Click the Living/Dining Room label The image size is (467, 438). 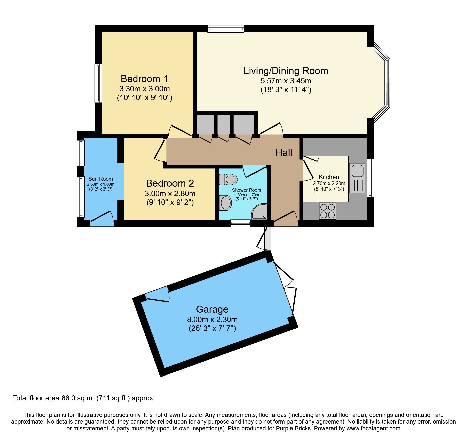coord(286,71)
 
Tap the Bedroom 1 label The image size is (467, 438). coord(144,79)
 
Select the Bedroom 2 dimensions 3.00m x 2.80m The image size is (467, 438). coord(170,193)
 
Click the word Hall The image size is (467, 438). coord(284,153)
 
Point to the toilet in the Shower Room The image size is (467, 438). coord(228,179)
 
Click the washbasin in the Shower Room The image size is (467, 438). coord(225,203)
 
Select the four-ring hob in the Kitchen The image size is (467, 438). coord(328,211)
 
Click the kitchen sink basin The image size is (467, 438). coord(357,171)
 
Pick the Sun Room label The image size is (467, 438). coord(100,179)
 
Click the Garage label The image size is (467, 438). coord(212,309)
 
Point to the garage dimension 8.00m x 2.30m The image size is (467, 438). coord(212,320)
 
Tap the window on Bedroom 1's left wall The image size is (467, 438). coord(98,83)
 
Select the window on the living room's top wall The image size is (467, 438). coord(226,29)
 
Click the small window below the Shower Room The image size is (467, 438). coord(241,223)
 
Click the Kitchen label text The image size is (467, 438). coord(329,177)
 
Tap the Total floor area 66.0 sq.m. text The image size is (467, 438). coord(83,398)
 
